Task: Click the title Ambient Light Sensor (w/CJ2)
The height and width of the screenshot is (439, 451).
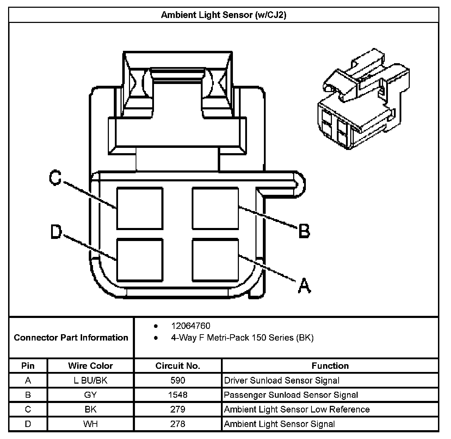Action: (223, 15)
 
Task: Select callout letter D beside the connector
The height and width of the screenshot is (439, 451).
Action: (56, 232)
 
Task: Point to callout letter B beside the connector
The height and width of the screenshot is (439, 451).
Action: (304, 231)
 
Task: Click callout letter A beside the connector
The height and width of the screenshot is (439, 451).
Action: (304, 286)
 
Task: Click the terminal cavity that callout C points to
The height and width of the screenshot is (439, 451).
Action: (140, 208)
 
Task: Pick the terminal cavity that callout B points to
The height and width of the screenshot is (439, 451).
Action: (215, 208)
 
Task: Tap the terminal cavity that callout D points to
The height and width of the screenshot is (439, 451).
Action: (140, 260)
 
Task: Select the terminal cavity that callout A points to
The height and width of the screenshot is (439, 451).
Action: (215, 260)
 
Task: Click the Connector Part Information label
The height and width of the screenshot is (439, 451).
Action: (71, 338)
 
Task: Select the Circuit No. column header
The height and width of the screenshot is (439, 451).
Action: (178, 366)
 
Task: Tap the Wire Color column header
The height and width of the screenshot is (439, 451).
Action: (91, 366)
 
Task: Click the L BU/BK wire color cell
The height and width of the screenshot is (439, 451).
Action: (91, 380)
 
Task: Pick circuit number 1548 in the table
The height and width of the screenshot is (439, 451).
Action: (178, 395)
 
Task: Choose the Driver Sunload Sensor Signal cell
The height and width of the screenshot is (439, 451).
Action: (282, 380)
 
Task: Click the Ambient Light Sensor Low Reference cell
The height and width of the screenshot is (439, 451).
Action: (297, 409)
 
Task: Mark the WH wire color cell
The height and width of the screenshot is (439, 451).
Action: (91, 424)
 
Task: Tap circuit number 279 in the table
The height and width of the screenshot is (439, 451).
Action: (178, 409)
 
